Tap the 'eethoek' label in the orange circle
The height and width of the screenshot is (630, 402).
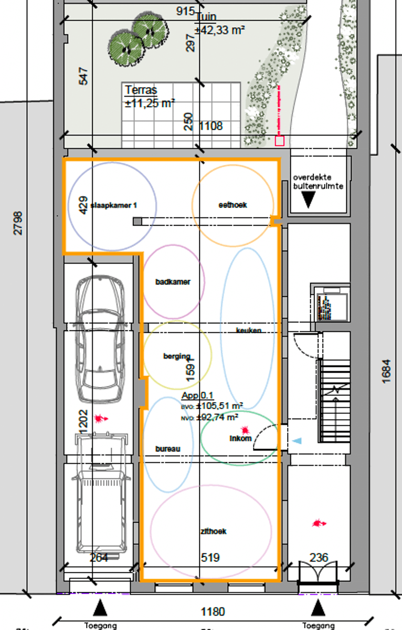(232, 205)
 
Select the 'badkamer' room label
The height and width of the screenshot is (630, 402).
(173, 282)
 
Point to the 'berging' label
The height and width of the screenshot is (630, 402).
(176, 356)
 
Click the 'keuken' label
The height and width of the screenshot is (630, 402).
(248, 330)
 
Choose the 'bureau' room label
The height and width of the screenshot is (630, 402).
(168, 449)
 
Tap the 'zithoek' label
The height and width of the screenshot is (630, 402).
(213, 531)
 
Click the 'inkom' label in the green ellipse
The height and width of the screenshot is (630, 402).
(241, 438)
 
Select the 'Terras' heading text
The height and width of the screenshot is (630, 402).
(141, 90)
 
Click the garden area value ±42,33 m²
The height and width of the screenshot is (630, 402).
(220, 30)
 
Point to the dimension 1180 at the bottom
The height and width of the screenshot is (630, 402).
(213, 612)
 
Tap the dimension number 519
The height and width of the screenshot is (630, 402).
(210, 558)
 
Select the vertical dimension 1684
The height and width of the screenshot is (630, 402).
(387, 371)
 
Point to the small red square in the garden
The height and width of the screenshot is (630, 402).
(279, 140)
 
